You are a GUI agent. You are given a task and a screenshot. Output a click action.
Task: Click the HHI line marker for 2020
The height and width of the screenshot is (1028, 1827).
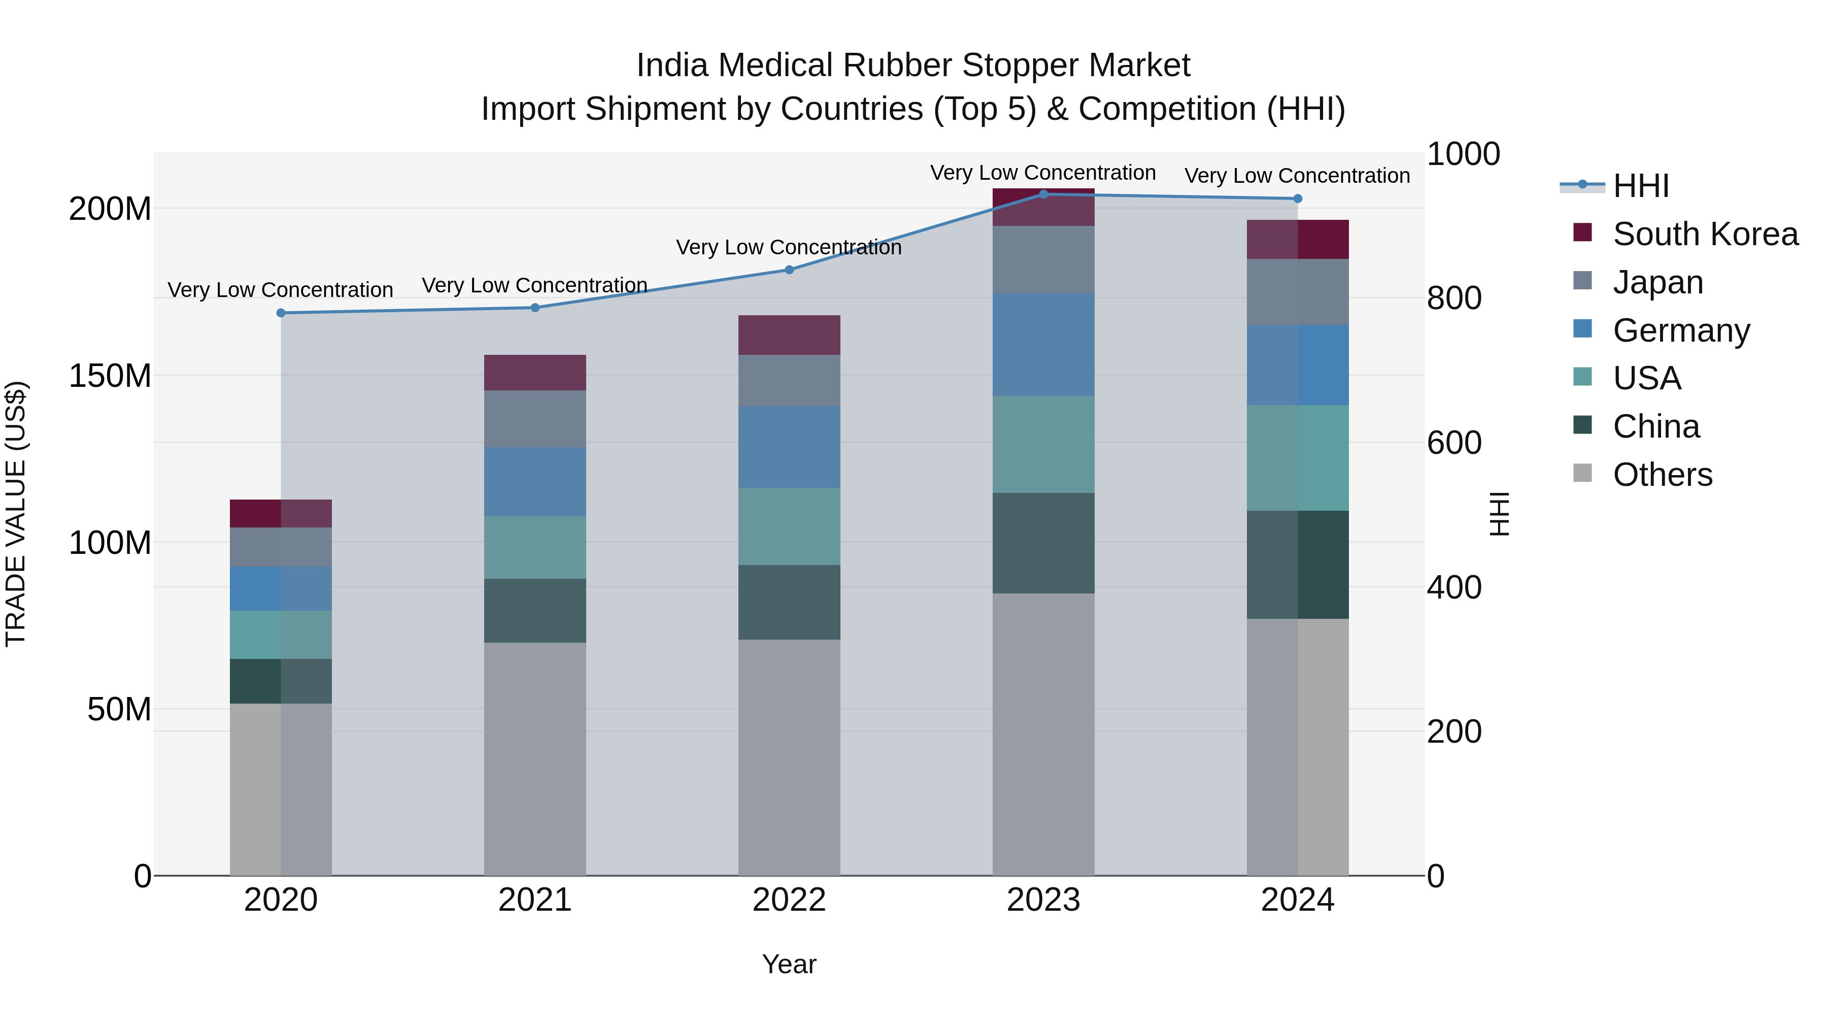281,313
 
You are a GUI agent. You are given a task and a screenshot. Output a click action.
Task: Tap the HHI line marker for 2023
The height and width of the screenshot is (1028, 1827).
1043,194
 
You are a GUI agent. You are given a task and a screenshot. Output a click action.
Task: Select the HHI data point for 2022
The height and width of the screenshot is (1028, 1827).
789,270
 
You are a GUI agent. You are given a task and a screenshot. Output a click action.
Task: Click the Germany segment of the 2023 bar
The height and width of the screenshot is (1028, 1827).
1043,344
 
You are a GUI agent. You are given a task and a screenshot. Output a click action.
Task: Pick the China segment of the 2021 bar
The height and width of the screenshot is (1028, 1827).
535,610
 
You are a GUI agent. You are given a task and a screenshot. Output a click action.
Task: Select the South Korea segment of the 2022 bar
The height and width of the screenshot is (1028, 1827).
789,335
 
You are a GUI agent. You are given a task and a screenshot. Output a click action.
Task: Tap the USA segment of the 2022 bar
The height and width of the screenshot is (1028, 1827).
789,526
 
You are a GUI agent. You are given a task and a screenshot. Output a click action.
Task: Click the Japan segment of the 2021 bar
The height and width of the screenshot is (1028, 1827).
535,419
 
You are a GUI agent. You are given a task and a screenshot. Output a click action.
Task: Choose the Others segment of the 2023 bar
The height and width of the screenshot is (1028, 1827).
1043,734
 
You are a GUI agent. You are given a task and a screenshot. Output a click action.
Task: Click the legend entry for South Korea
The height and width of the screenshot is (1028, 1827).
1705,234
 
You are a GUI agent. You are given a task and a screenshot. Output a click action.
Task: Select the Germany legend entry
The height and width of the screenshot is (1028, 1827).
1681,330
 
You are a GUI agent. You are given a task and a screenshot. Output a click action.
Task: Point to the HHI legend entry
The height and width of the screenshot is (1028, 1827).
1640,186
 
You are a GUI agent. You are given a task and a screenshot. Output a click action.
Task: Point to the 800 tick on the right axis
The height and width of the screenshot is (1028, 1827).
1454,299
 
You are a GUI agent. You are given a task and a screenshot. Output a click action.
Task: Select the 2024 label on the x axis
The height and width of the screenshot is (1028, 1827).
1297,900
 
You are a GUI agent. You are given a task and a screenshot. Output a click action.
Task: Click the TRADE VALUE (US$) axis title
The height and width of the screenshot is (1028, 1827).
16,514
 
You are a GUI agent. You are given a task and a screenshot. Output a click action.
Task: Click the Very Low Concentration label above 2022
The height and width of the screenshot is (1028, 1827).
789,248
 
